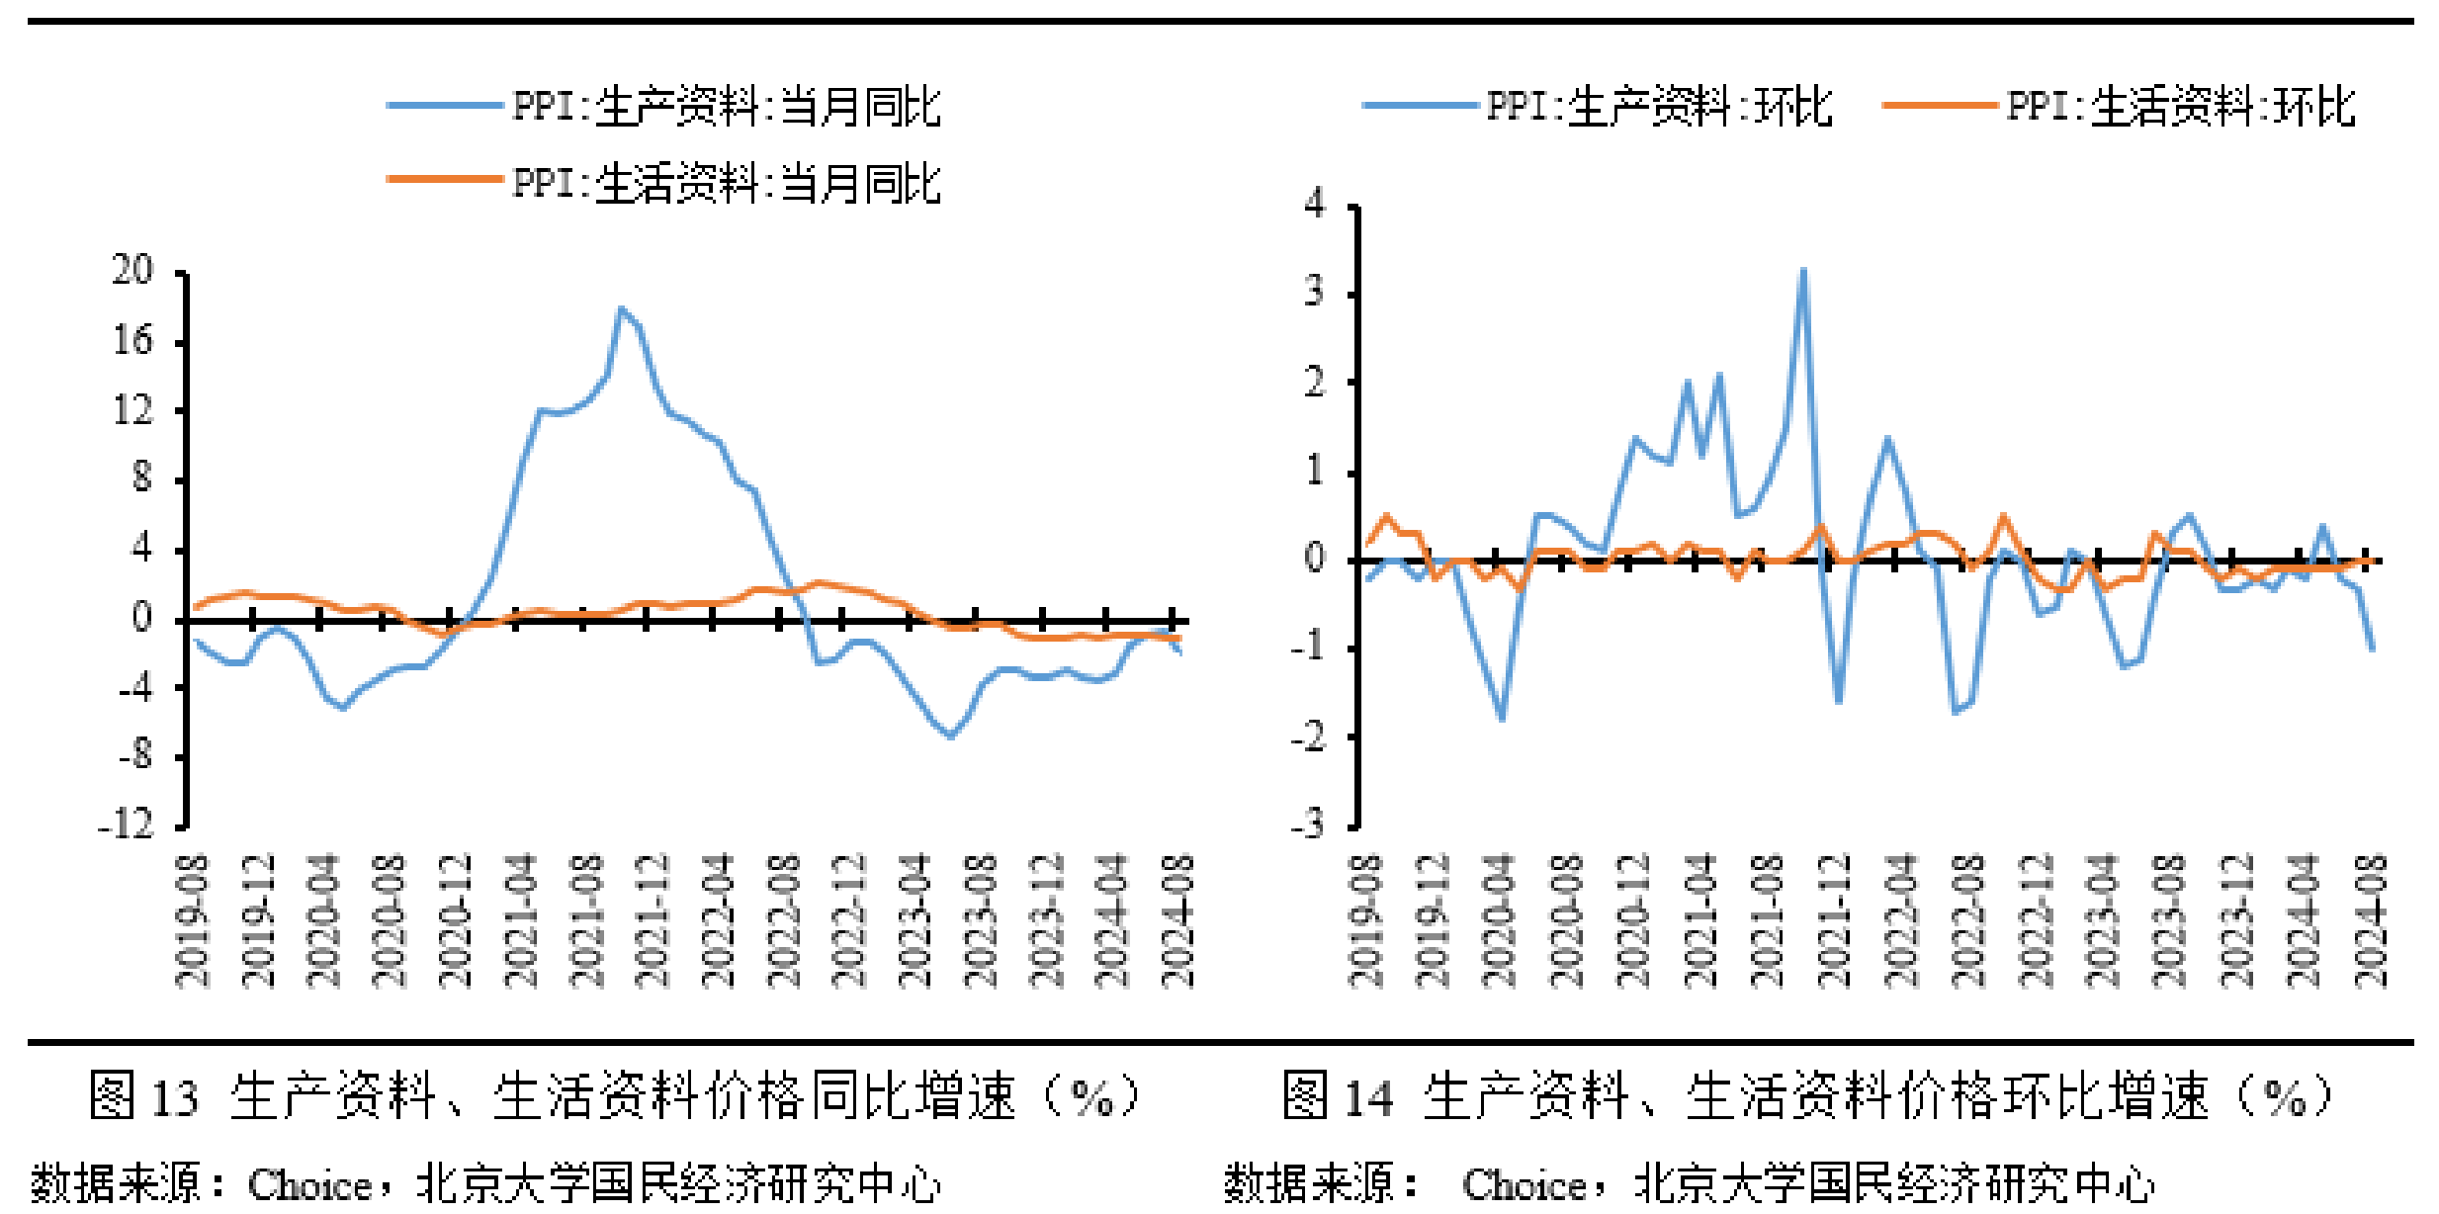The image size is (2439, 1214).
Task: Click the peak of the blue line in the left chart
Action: [x=621, y=309]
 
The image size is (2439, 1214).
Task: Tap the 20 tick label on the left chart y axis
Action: [x=132, y=270]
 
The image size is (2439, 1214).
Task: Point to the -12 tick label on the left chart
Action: [x=127, y=824]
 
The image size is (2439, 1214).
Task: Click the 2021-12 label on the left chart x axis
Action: [x=653, y=921]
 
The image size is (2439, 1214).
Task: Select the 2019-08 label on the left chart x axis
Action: [x=192, y=921]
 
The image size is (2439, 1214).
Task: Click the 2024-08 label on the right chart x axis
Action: [x=2370, y=921]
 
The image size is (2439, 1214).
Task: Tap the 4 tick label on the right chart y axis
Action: [x=1314, y=203]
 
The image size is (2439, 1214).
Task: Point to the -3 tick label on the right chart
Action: [x=1306, y=824]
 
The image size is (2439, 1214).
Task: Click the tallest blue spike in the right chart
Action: [x=1803, y=271]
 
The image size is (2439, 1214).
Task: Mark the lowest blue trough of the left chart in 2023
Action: [x=950, y=736]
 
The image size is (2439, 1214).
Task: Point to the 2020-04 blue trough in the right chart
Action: [x=1502, y=718]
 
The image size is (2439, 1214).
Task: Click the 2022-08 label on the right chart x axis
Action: [x=1967, y=921]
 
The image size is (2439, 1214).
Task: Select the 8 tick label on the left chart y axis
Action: [x=142, y=478]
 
